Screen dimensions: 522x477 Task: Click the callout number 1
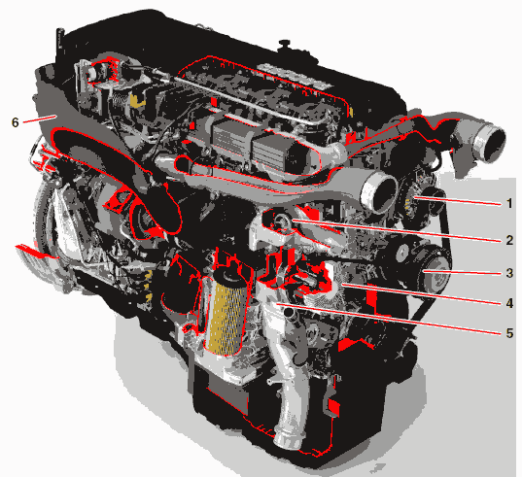(509, 203)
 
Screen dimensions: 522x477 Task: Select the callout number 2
(509, 240)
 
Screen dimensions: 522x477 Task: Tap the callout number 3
(509, 273)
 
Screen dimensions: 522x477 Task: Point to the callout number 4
(509, 303)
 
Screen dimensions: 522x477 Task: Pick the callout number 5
(509, 332)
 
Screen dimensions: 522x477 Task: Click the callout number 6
(16, 122)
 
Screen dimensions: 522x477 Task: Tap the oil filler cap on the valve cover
(285, 44)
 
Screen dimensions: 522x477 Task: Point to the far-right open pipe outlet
(489, 143)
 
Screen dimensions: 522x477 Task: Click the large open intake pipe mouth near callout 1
(379, 192)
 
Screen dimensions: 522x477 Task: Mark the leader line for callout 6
(39, 119)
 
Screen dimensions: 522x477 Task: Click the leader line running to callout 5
(388, 319)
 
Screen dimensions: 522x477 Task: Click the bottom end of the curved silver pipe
(288, 441)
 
